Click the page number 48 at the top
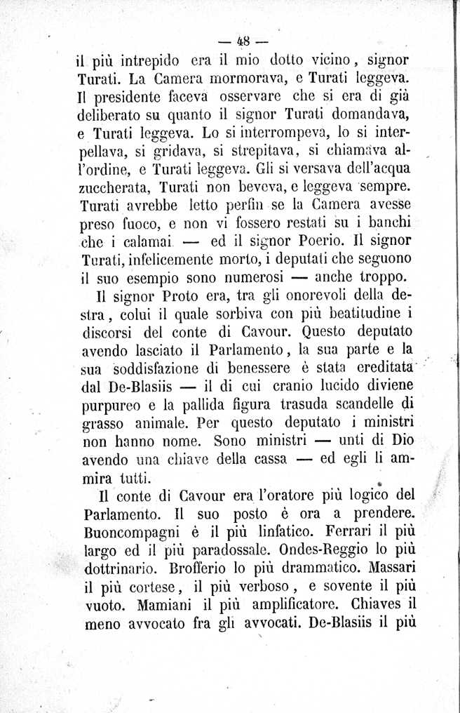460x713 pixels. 244,39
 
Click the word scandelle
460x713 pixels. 357,405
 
